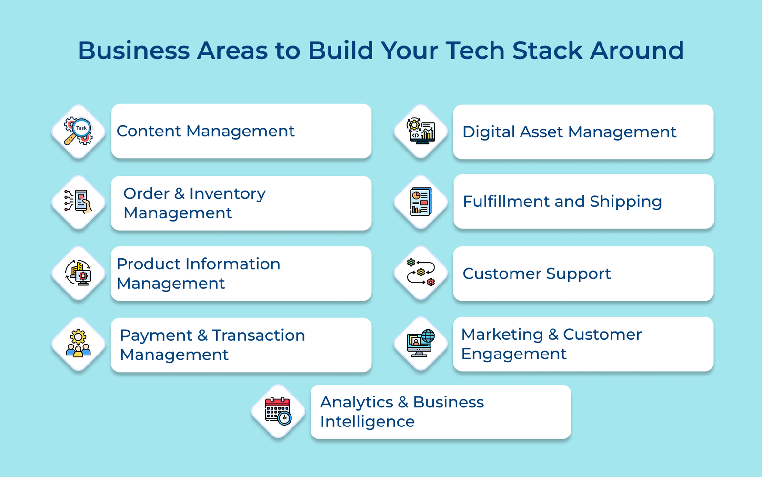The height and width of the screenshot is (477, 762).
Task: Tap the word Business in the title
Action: click(x=134, y=51)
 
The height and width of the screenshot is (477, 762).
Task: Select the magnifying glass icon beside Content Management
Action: click(x=78, y=131)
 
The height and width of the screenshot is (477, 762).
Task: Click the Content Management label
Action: click(x=205, y=132)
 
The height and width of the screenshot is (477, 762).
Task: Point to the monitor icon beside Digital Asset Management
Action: click(x=421, y=131)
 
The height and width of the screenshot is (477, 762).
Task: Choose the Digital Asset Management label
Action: click(x=570, y=132)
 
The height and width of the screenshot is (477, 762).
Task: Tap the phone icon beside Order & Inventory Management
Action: click(x=78, y=202)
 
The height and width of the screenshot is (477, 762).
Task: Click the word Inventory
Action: click(x=227, y=194)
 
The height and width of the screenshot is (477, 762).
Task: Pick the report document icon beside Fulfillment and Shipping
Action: click(x=421, y=202)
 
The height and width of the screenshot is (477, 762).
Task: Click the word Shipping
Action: click(x=626, y=202)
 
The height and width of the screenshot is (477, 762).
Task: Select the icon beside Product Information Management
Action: click(x=78, y=273)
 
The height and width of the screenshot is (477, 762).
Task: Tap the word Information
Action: click(x=233, y=264)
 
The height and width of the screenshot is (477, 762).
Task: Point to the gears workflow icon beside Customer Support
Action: click(x=421, y=273)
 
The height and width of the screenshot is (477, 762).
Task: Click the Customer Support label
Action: click(x=537, y=274)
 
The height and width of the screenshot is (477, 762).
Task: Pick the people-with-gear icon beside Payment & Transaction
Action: click(x=78, y=343)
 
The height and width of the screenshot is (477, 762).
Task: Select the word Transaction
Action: click(x=259, y=335)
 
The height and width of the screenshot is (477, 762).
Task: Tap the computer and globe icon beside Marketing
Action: click(x=421, y=343)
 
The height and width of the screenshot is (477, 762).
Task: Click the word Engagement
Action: click(x=514, y=355)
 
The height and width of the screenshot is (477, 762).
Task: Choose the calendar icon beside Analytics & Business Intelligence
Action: click(x=278, y=411)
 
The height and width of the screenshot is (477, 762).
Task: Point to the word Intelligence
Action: click(x=367, y=422)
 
